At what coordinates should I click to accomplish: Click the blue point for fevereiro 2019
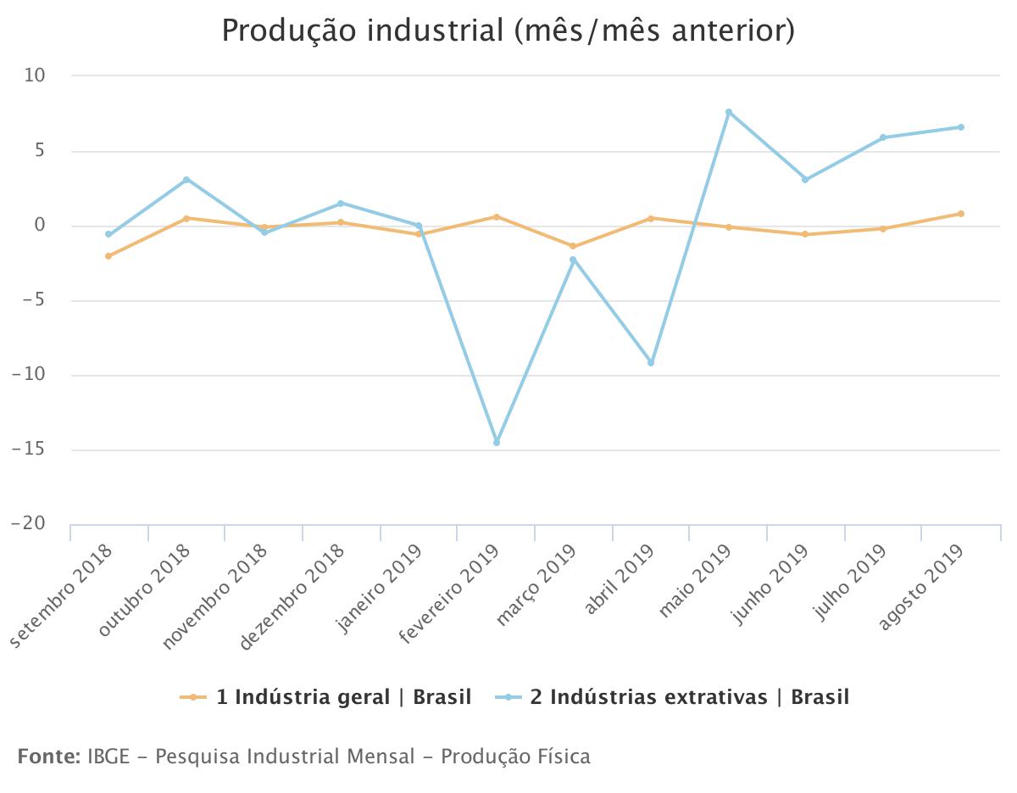tap(497, 443)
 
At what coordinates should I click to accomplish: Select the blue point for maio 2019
tap(729, 112)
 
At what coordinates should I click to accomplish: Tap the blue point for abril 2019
tap(651, 363)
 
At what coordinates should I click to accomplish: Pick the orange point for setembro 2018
tap(108, 256)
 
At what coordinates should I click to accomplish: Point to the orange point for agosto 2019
tap(961, 214)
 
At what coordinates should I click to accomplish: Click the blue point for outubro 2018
tap(186, 180)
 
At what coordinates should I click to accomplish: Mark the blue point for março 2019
tap(573, 260)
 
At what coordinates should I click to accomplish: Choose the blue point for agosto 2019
tap(961, 127)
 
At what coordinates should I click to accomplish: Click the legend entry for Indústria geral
tap(325, 697)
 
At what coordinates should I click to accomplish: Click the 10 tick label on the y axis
tap(35, 76)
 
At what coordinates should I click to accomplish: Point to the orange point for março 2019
tap(573, 246)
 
